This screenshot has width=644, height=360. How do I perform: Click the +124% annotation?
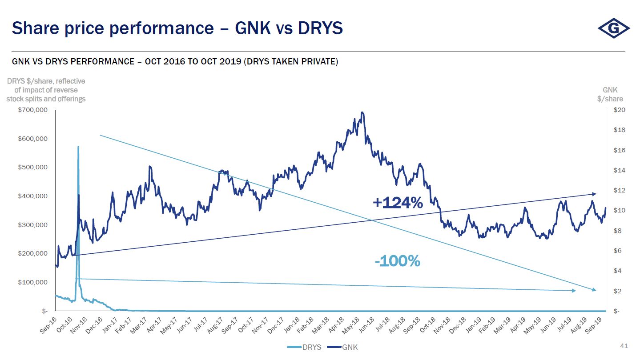tap(398, 203)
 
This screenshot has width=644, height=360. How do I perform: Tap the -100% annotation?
tap(397, 261)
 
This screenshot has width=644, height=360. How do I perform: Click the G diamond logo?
tap(614, 29)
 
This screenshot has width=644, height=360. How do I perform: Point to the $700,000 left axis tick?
tap(32, 110)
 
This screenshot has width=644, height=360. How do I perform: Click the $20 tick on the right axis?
tap(619, 110)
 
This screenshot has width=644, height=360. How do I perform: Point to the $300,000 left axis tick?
tap(32, 225)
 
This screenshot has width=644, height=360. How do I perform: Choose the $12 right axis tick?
tap(619, 191)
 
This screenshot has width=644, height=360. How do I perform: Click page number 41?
tap(624, 346)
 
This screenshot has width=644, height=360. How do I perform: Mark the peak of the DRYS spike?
tap(78, 147)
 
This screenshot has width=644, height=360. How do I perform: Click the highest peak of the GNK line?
tap(362, 112)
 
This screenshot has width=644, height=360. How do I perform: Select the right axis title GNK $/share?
tap(610, 94)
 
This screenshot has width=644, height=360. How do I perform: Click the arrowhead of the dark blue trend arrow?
tap(595, 194)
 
